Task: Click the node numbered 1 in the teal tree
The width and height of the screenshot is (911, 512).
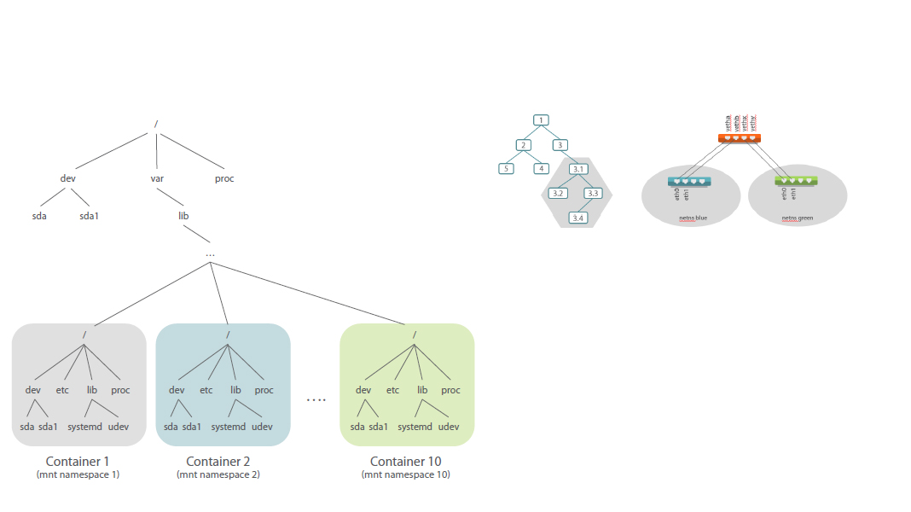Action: pyautogui.click(x=542, y=120)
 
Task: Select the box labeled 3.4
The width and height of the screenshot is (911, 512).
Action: pyautogui.click(x=578, y=218)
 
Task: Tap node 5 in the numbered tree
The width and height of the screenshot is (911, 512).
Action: pyautogui.click(x=507, y=168)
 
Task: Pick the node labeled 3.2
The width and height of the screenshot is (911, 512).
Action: pyautogui.click(x=559, y=194)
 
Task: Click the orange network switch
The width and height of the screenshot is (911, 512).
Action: pyautogui.click(x=739, y=137)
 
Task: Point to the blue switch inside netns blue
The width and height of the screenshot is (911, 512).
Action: pyautogui.click(x=689, y=181)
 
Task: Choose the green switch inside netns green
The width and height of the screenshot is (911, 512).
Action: pyautogui.click(x=796, y=181)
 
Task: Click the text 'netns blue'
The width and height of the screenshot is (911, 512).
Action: pyautogui.click(x=693, y=218)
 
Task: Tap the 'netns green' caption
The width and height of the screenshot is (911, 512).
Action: pyautogui.click(x=798, y=218)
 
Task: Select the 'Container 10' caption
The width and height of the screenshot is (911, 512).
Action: pyautogui.click(x=406, y=462)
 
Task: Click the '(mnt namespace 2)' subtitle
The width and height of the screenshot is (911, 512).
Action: pyautogui.click(x=218, y=474)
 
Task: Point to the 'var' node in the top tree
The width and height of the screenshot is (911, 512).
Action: pyautogui.click(x=157, y=179)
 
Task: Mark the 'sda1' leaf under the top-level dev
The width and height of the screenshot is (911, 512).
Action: pyautogui.click(x=90, y=216)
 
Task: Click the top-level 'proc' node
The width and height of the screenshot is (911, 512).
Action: pyautogui.click(x=224, y=179)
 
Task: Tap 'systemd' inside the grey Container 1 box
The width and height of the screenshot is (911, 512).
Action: pyautogui.click(x=84, y=427)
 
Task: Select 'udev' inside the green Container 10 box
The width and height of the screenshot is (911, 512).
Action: pyautogui.click(x=449, y=427)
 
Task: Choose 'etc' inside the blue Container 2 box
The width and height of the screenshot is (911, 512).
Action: pyautogui.click(x=206, y=390)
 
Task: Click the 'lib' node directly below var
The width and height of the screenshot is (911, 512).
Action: pyautogui.click(x=183, y=216)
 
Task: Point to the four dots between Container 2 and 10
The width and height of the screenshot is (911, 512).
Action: pyautogui.click(x=316, y=400)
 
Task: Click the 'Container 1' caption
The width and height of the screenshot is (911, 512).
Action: pyautogui.click(x=78, y=462)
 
